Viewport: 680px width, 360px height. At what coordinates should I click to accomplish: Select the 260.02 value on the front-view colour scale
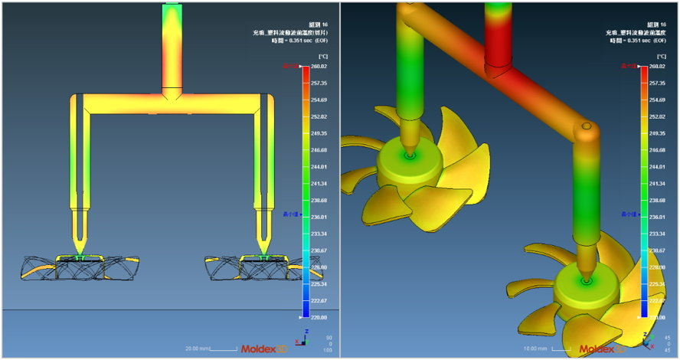[x=319, y=67]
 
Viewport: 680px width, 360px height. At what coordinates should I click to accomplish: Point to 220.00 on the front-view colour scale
[x=319, y=317]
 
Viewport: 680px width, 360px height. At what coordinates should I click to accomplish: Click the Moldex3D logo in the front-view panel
[x=265, y=349]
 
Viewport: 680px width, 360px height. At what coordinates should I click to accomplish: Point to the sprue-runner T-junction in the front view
[x=172, y=97]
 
